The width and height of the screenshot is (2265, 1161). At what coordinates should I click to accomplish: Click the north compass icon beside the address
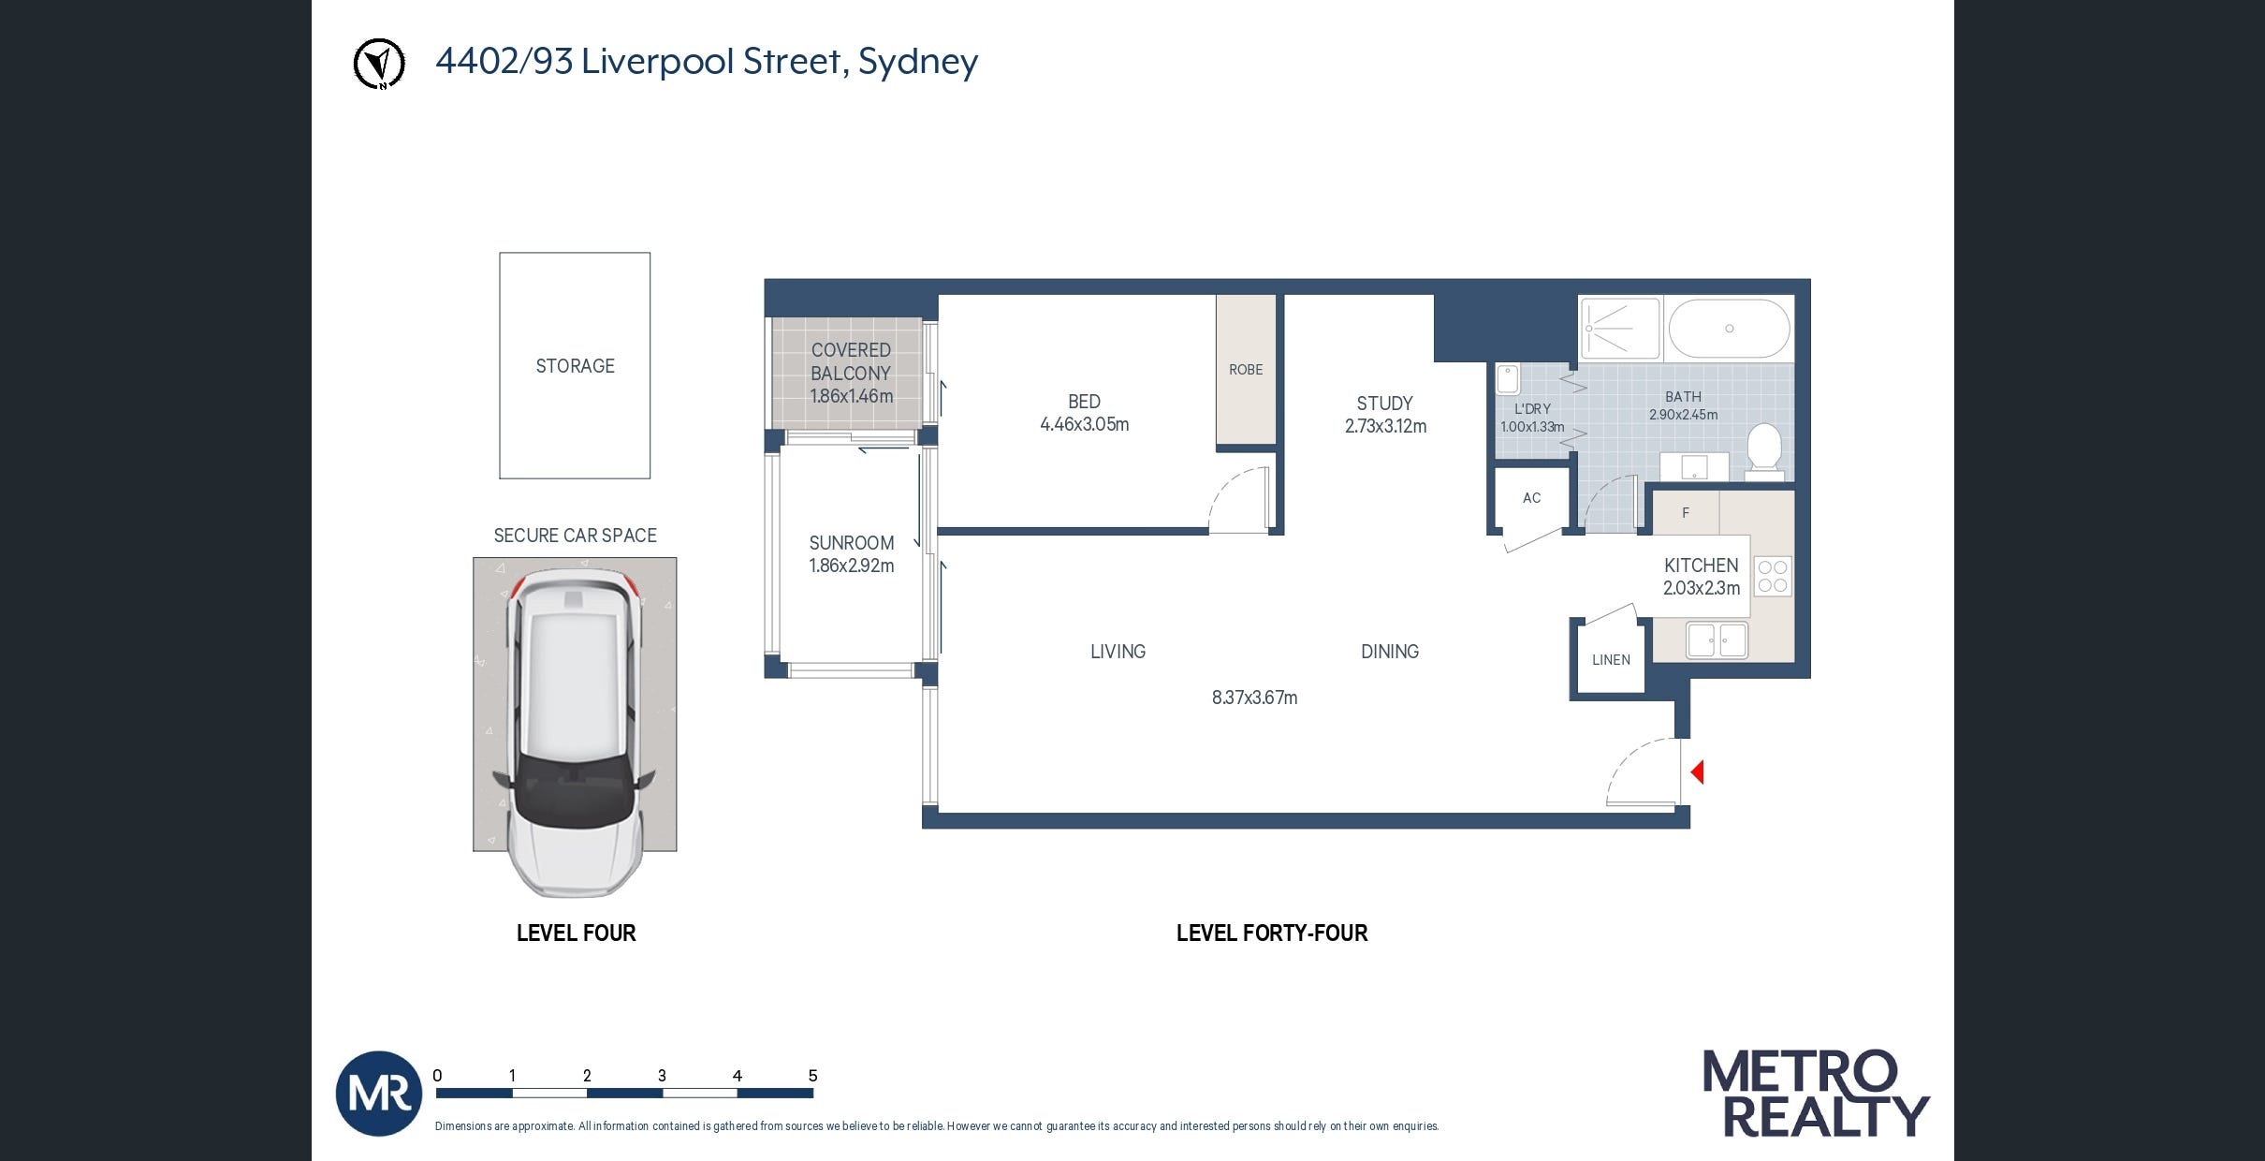pyautogui.click(x=379, y=64)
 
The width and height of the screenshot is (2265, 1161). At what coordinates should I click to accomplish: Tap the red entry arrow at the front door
pyautogui.click(x=1697, y=772)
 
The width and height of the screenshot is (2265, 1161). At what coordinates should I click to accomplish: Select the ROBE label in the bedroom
pyautogui.click(x=1246, y=370)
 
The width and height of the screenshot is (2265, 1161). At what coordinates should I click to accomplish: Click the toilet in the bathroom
pyautogui.click(x=1764, y=450)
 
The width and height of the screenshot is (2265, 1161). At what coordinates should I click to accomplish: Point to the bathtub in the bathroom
pyautogui.click(x=1729, y=329)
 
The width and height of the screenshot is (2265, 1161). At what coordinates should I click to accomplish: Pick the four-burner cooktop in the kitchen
pyautogui.click(x=1772, y=577)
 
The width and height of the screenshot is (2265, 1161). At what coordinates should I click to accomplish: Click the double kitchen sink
pyautogui.click(x=1717, y=641)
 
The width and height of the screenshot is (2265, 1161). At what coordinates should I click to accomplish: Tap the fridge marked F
pyautogui.click(x=1686, y=513)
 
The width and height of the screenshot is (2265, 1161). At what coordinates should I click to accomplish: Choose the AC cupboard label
pyautogui.click(x=1531, y=498)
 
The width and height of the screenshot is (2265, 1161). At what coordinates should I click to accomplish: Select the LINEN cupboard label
pyautogui.click(x=1611, y=660)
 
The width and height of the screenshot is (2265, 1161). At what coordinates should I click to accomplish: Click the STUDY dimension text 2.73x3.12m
pyautogui.click(x=1385, y=427)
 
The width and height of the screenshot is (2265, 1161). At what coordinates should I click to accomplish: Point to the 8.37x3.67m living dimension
pyautogui.click(x=1254, y=698)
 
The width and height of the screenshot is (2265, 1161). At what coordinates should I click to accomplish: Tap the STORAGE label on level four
pyautogui.click(x=575, y=366)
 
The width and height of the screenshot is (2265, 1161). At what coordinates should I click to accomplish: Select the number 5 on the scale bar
pyautogui.click(x=812, y=1076)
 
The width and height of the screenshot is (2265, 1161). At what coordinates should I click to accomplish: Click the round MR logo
pyautogui.click(x=379, y=1094)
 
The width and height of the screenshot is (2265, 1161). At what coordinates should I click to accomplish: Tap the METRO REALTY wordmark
pyautogui.click(x=1814, y=1094)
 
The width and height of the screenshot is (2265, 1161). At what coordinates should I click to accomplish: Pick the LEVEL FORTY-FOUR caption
pyautogui.click(x=1271, y=933)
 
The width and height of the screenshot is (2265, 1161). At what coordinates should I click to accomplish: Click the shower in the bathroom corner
pyautogui.click(x=1619, y=329)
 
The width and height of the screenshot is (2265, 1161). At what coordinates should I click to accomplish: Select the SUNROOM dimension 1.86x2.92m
pyautogui.click(x=851, y=566)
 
